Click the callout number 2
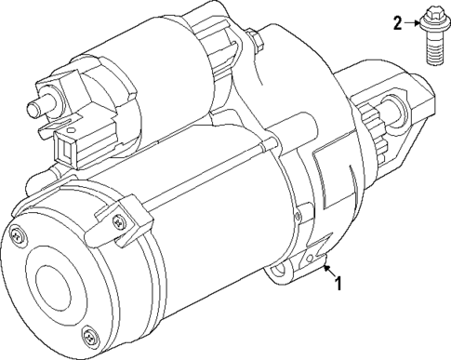pyautogui.click(x=397, y=23)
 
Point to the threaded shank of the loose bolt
pyautogui.click(x=433, y=48)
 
